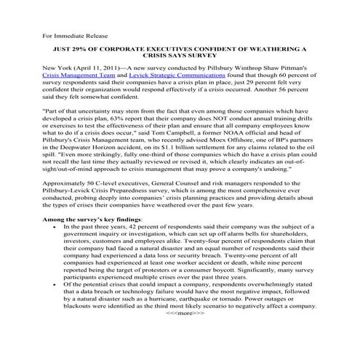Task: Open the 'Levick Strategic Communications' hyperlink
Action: [x=150, y=84]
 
